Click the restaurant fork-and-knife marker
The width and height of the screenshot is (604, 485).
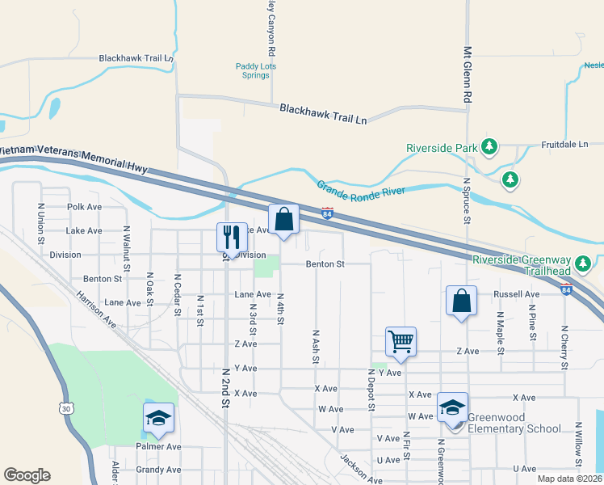tap(232, 237)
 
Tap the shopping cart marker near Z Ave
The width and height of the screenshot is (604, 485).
tap(401, 341)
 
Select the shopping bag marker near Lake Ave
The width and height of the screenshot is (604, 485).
tap(284, 219)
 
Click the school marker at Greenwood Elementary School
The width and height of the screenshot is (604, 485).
tap(452, 408)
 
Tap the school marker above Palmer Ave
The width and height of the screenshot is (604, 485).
tap(159, 418)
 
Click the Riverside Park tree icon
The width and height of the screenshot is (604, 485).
tap(489, 146)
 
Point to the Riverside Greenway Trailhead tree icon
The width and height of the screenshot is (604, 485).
tap(584, 263)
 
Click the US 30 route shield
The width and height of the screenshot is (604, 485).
tap(66, 410)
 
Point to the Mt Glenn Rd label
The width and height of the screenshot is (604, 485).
tap(467, 74)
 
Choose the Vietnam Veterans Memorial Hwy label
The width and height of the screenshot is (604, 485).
tap(74, 158)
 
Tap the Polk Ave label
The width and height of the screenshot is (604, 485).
tap(85, 207)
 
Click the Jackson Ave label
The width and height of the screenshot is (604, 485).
tap(360, 470)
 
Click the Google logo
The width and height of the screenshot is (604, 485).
tap(27, 475)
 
